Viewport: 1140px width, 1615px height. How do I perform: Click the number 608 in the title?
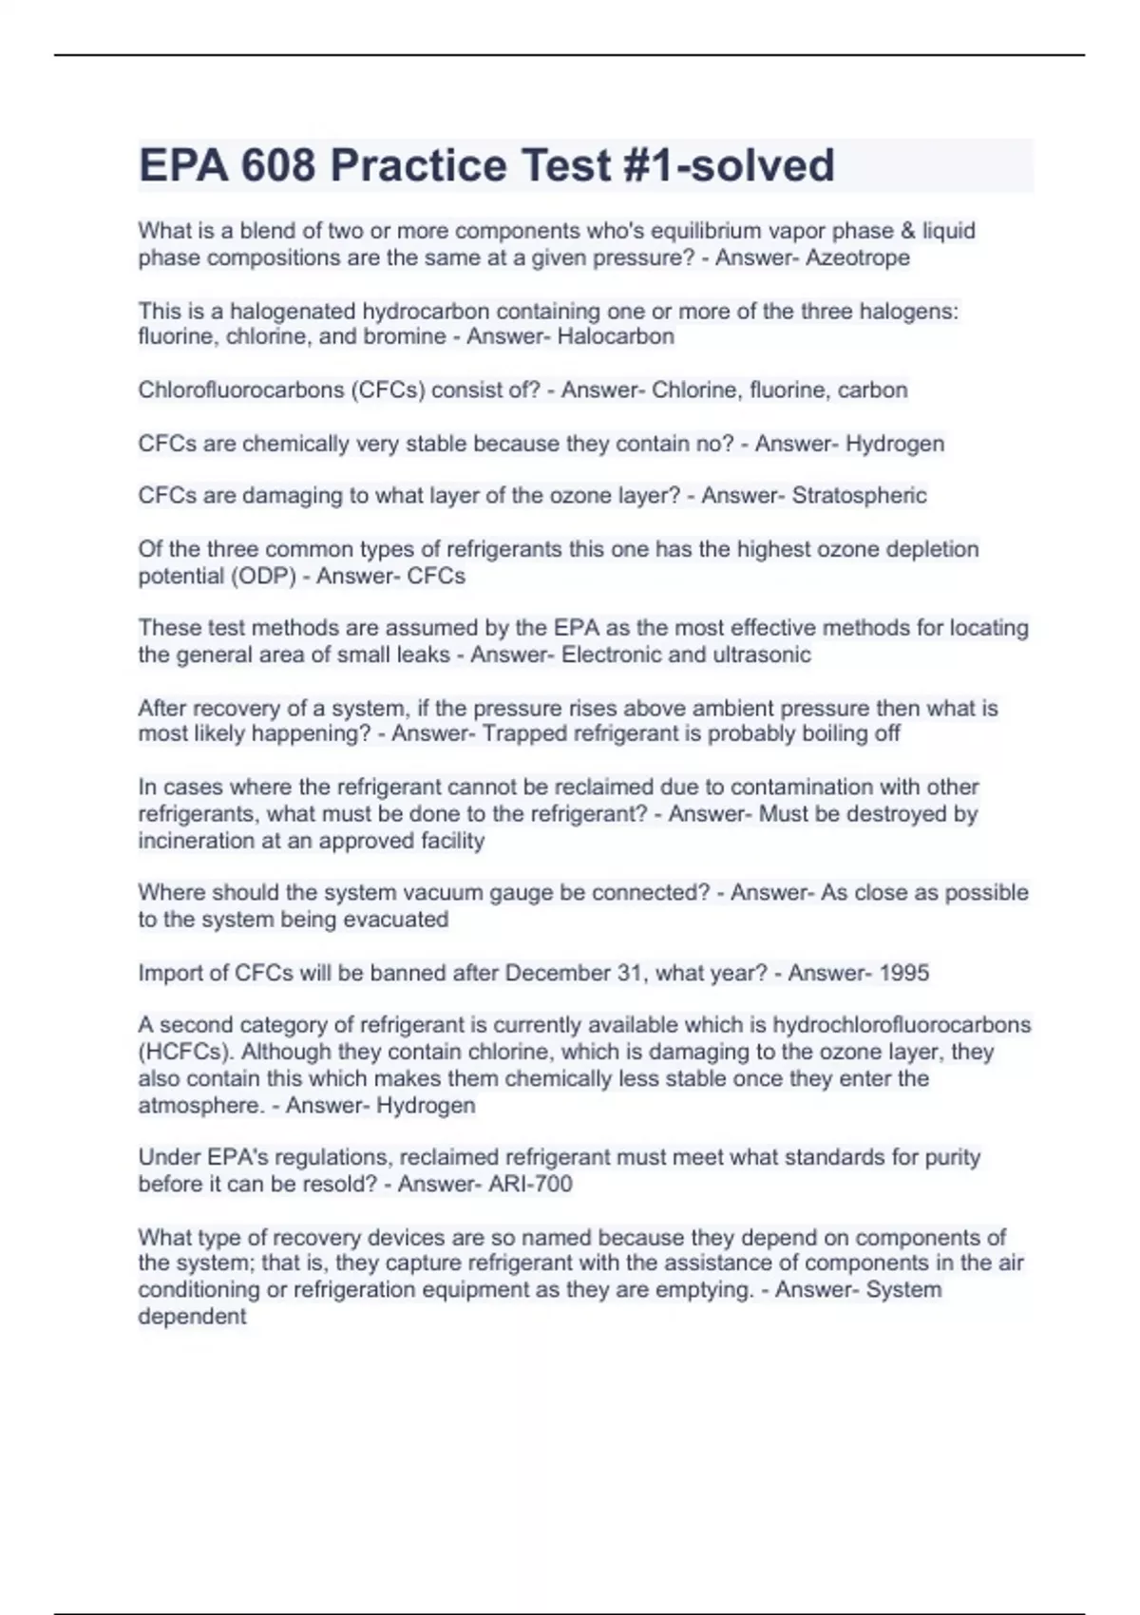click(x=277, y=165)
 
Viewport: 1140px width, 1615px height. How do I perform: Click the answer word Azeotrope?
click(x=857, y=257)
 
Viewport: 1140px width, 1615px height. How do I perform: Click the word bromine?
click(x=405, y=336)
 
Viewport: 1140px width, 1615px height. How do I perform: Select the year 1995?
click(x=903, y=973)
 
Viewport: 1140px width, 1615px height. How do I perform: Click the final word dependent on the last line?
click(x=192, y=1316)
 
